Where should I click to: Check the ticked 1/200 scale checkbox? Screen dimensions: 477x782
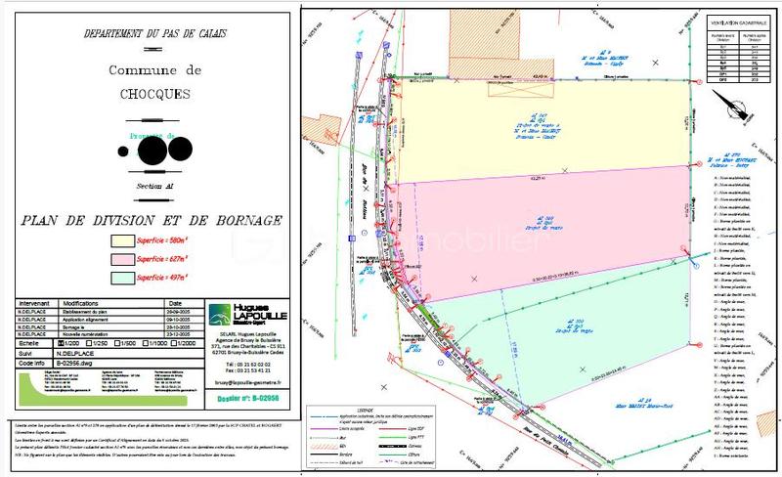click(60, 343)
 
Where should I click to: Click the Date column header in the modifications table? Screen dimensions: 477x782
click(175, 304)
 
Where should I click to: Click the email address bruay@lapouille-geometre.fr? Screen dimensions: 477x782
click(247, 383)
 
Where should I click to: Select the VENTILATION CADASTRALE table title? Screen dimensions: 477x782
click(737, 20)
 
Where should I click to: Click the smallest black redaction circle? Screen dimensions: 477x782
click(122, 152)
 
